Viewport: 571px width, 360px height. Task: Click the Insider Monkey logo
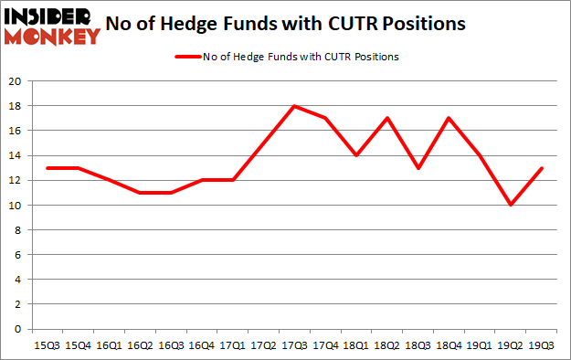51,25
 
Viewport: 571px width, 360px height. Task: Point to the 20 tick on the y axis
16,81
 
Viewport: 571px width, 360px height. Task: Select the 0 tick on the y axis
18,329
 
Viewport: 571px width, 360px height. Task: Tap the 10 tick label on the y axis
16,205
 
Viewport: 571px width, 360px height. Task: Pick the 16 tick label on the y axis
16,131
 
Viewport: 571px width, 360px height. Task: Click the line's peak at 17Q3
295,106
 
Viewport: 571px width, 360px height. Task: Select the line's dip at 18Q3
417,168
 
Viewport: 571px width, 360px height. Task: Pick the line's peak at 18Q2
386,118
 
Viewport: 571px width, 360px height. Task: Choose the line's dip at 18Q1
355,155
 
